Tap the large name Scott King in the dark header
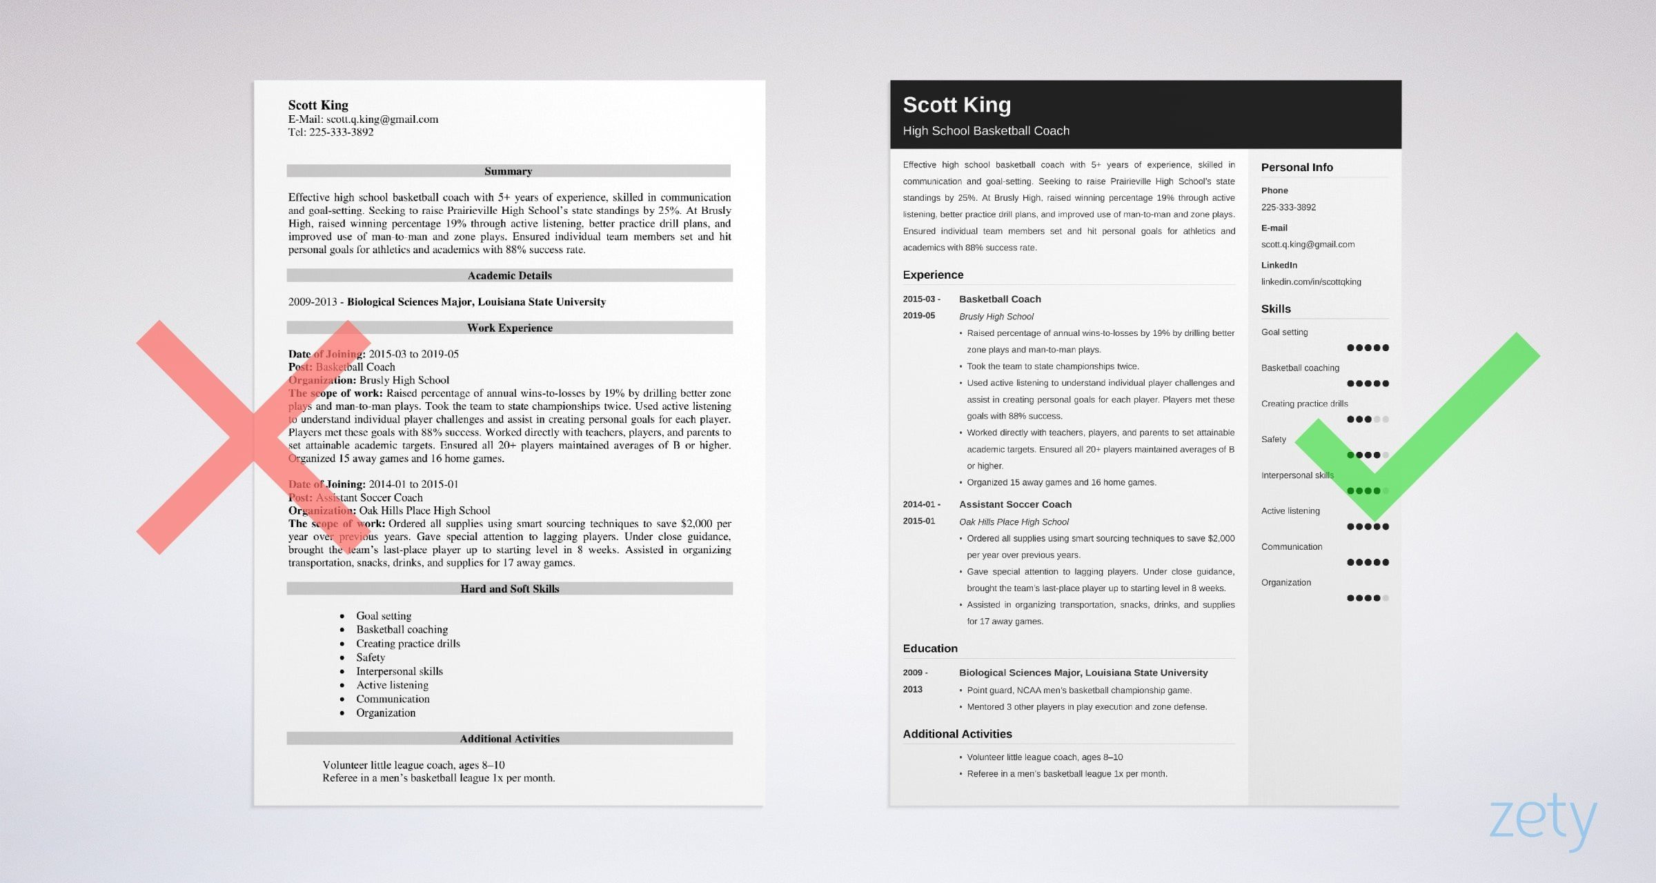pos(956,105)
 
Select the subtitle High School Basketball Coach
pos(985,131)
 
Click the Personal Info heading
pos(1297,168)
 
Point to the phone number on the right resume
pos(1288,208)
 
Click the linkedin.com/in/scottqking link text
pos(1310,282)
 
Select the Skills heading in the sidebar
pos(1275,309)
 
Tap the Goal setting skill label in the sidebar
pos(1284,333)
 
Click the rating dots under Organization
pos(1367,598)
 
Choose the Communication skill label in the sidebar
pos(1291,547)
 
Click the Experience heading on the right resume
pos(932,275)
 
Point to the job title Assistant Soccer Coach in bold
pos(1014,505)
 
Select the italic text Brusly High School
pos(996,317)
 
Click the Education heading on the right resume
pos(929,648)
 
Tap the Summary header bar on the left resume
pos(509,171)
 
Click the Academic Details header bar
pos(509,275)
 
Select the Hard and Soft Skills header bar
pos(509,588)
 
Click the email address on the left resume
pos(382,119)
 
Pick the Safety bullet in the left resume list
pos(370,657)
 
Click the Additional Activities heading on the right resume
pos(956,734)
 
